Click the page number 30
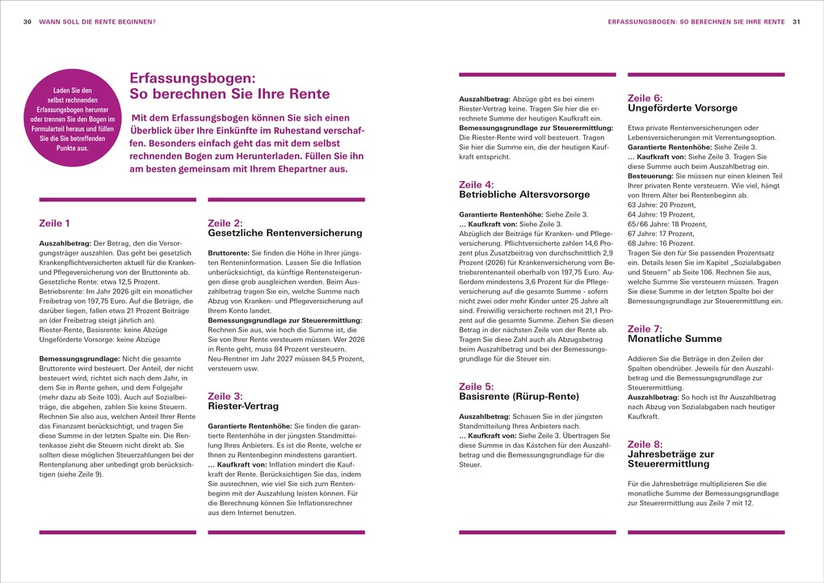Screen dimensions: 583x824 [x=27, y=22]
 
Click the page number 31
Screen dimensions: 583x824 [x=796, y=22]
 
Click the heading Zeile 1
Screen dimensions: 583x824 [x=54, y=223]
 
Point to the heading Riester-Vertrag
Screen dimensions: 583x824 [x=242, y=406]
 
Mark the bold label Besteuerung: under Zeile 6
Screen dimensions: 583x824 [x=650, y=175]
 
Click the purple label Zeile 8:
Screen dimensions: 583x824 [x=645, y=444]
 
